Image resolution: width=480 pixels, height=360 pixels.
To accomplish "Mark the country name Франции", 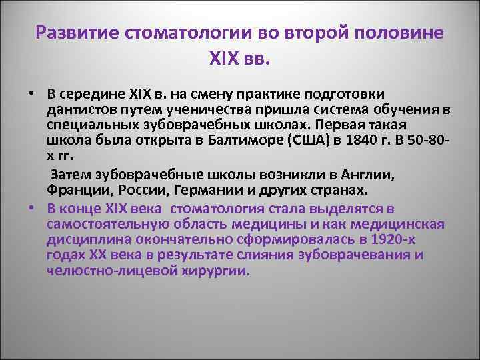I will pos(75,192).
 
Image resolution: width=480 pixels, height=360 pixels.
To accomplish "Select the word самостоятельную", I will pos(107,225).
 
